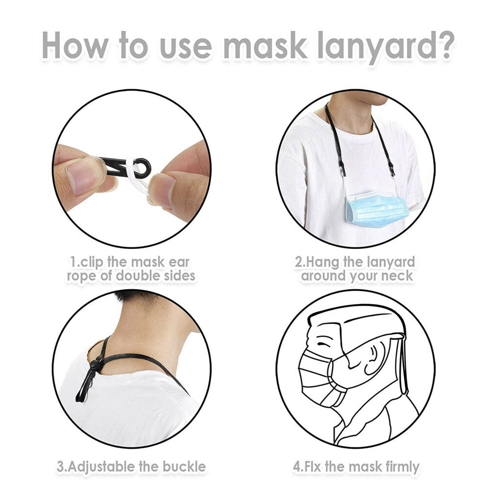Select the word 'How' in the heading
[x=75, y=45]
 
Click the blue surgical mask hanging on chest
[x=377, y=208]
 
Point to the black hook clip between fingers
[x=126, y=168]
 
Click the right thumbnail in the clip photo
[x=162, y=190]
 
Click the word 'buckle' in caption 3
[x=184, y=466]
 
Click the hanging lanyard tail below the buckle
[x=84, y=386]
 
